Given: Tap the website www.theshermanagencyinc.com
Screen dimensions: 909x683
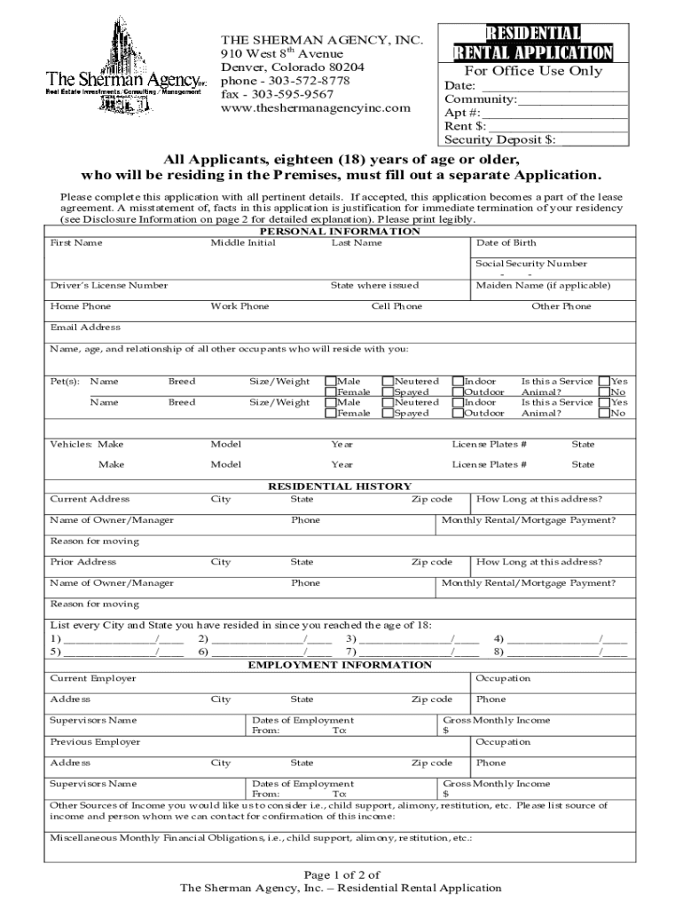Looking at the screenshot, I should tap(316, 108).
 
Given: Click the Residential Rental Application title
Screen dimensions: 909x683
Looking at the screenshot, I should tap(532, 43).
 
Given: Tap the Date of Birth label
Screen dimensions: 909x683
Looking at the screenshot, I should tap(506, 242).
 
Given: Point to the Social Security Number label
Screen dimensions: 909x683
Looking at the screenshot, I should tap(530, 264).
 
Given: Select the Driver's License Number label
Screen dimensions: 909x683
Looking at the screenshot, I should tap(108, 285).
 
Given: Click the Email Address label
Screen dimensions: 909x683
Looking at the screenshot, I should tap(85, 328).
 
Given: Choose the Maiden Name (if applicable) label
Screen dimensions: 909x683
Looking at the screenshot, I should tap(543, 285).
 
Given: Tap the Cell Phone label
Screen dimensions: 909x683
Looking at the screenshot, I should tap(396, 306).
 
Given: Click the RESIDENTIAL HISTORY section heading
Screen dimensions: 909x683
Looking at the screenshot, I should tap(340, 486).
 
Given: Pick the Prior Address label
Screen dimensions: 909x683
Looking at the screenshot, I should tap(82, 562).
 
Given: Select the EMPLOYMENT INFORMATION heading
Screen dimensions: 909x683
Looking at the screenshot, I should tap(340, 665).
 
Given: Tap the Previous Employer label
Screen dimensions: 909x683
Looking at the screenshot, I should tap(95, 741).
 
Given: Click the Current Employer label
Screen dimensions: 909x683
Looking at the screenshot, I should tap(93, 678).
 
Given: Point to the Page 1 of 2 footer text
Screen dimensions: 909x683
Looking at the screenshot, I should tap(341, 874).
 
